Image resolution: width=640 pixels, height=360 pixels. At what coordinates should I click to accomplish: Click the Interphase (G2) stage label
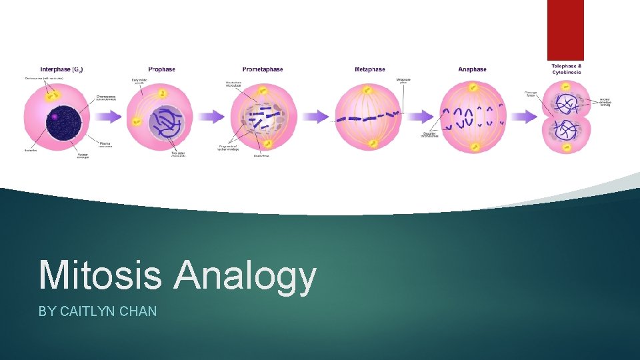click(x=61, y=69)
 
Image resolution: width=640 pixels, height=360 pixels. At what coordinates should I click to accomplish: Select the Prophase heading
click(x=162, y=69)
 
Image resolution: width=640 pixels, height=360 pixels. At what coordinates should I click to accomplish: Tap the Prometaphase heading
click(x=262, y=69)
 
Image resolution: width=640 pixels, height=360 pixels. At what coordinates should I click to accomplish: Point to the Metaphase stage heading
click(x=369, y=69)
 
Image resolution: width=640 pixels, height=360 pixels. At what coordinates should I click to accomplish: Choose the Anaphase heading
click(x=472, y=69)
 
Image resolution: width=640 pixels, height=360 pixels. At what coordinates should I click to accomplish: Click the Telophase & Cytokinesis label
click(x=566, y=68)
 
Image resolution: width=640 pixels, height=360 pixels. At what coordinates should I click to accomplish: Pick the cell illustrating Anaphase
click(x=473, y=117)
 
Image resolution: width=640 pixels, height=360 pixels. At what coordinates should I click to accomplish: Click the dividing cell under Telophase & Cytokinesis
click(x=567, y=117)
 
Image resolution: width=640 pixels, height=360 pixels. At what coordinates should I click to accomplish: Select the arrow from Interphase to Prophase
click(x=109, y=117)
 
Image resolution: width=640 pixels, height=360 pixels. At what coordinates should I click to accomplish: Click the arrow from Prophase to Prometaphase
click(x=209, y=117)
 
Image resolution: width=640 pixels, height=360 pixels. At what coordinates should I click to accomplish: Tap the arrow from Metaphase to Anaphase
click(x=419, y=117)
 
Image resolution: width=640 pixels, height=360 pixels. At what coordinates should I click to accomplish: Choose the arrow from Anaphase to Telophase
click(x=523, y=117)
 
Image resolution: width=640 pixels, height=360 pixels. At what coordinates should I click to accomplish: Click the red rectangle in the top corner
click(x=565, y=30)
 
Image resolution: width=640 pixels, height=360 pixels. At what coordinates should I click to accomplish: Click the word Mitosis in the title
click(x=100, y=275)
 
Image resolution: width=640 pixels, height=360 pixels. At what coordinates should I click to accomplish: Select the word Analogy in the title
click(x=245, y=276)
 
